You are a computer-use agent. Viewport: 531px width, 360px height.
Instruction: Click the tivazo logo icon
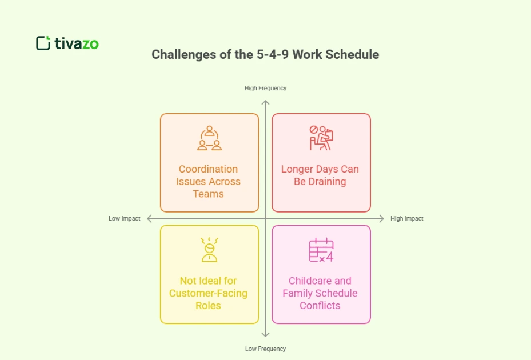coord(43,43)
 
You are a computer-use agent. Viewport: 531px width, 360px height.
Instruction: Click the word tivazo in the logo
coord(77,43)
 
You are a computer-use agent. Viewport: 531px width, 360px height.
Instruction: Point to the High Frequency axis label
coord(265,88)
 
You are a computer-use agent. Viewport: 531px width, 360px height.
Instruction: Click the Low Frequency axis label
coord(265,349)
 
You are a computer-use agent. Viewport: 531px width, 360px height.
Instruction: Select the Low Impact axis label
coord(125,219)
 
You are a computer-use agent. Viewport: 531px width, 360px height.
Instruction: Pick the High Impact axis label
coord(406,219)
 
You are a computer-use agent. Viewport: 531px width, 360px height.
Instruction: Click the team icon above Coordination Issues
coord(209,138)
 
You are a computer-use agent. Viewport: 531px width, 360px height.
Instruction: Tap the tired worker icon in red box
coord(321,138)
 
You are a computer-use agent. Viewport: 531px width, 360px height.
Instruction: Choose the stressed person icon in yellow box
coord(209,250)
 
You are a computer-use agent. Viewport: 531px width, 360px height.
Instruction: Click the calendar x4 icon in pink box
coord(321,250)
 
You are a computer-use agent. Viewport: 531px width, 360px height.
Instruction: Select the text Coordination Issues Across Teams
coord(209,181)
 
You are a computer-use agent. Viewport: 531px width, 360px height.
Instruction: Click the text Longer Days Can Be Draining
coord(320,175)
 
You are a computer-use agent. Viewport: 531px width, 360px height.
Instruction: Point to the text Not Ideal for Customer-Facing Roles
coord(209,293)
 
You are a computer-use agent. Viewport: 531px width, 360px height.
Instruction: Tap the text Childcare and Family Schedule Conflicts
coord(320,293)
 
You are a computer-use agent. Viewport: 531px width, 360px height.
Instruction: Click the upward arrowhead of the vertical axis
coord(265,102)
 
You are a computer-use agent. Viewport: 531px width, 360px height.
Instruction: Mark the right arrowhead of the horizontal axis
coord(382,219)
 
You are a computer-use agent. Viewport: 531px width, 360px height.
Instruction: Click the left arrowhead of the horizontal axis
coord(150,219)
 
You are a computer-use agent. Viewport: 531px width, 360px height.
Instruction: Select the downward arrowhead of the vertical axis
coord(265,335)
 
